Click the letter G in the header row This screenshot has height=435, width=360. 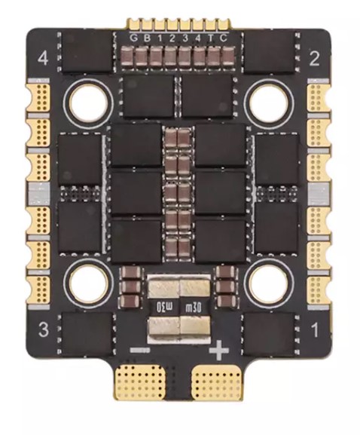(133, 38)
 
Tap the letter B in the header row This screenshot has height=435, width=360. (145, 38)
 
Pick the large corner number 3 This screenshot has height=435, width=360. (44, 329)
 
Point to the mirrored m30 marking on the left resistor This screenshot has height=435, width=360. (163, 307)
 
